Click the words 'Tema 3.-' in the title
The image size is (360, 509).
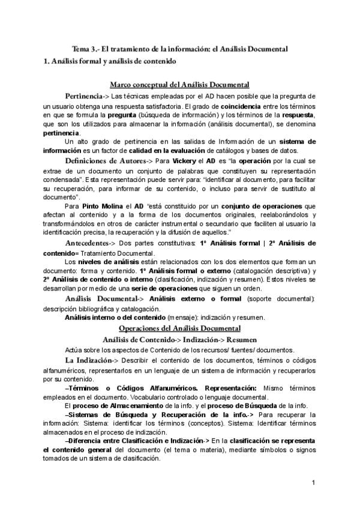tap(85, 49)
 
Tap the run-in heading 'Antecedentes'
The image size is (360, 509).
tap(93, 242)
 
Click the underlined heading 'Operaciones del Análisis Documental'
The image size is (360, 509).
tap(180, 328)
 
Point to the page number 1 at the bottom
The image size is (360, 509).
tap(314, 483)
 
